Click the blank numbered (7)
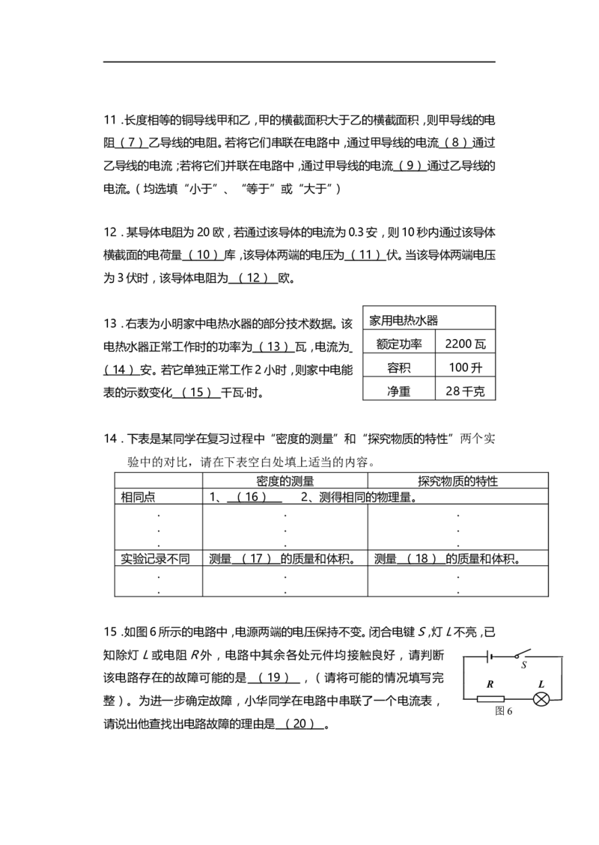coord(131,143)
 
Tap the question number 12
coord(110,232)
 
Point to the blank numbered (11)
coord(365,255)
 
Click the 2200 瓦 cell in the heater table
coord(465,344)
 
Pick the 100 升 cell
coord(465,367)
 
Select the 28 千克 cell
coord(465,391)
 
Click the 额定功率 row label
coord(399,344)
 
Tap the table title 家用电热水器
coord(404,320)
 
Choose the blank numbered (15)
coord(196,392)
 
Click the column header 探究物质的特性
coord(457,481)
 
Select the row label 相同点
coord(138,497)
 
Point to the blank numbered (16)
coord(254,497)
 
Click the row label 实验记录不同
coord(155,559)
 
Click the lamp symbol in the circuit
coord(541,700)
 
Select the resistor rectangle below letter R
coord(490,700)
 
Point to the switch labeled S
coord(522,654)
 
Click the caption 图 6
coord(504,711)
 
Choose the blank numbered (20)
coord(299,724)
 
